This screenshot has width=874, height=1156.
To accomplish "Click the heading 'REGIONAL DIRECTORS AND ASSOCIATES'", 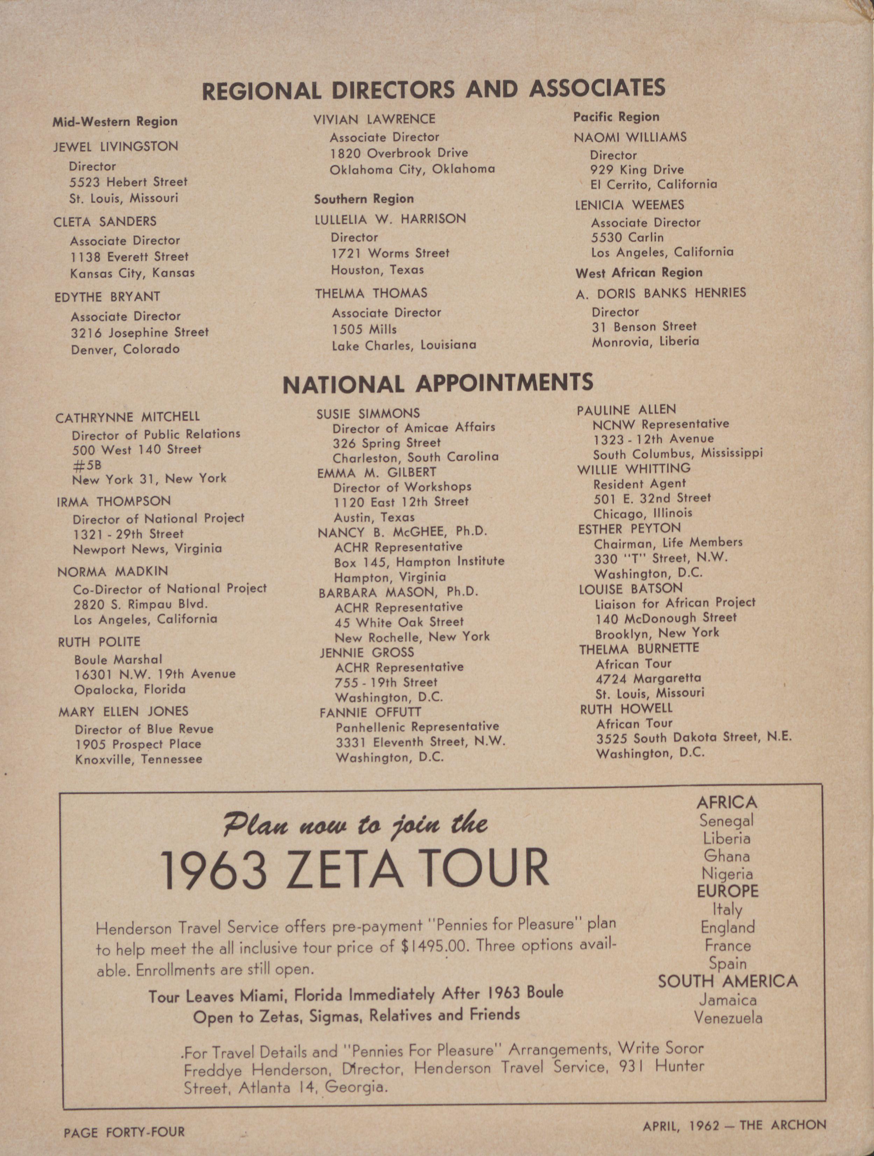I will [434, 89].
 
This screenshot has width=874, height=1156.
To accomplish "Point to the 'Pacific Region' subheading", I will [617, 117].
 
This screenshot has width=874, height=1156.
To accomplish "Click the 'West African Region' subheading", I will [639, 273].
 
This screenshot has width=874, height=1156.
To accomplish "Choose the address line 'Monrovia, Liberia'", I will [645, 342].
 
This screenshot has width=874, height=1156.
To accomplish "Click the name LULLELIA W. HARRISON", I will [390, 219].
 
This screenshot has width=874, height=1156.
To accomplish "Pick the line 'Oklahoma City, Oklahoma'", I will [412, 169].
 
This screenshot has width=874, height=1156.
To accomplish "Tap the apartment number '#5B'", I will [87, 464].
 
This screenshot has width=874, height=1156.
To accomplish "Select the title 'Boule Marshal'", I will [118, 660].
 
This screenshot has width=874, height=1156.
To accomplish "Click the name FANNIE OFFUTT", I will [370, 712].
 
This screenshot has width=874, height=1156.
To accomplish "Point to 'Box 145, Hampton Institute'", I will [419, 562].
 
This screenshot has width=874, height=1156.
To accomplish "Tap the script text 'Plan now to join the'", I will [355, 824].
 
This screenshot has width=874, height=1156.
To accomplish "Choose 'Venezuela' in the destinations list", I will [728, 1017].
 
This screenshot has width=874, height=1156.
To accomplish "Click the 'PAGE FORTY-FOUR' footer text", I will [125, 1133].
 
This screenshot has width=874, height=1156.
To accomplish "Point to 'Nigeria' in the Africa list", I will [727, 874].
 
